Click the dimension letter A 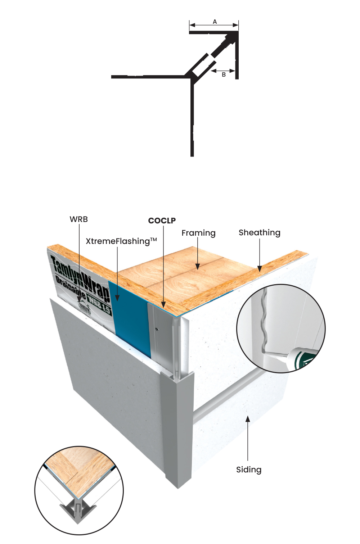(x=215, y=22)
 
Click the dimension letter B (x=224, y=75)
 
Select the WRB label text (x=78, y=219)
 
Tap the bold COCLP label (x=162, y=221)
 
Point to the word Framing (x=198, y=233)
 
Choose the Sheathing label (x=259, y=233)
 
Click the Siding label (x=249, y=470)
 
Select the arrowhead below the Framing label (x=198, y=267)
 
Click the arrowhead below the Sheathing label (x=260, y=269)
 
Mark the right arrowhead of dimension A (x=235, y=25)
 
